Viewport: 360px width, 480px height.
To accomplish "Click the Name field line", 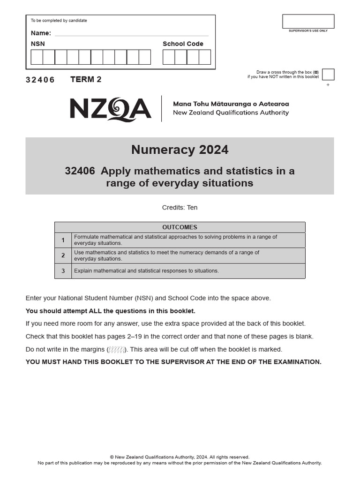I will [132, 34].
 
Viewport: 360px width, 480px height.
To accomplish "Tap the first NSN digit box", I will [37, 57].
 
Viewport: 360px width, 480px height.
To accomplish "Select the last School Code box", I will [204, 57].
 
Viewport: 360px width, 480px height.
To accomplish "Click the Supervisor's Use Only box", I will [308, 22].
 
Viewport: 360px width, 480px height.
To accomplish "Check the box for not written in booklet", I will [328, 75].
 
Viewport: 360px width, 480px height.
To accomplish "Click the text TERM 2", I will [86, 79].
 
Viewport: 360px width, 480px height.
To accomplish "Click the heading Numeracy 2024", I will [180, 150].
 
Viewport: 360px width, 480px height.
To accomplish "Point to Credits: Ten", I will [180, 207].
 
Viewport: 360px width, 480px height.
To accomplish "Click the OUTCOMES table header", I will [180, 227].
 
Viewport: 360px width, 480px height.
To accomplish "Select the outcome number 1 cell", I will [63, 240].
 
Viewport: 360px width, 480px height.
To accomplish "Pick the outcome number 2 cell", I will [63, 255].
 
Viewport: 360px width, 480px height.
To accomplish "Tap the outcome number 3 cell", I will [63, 271].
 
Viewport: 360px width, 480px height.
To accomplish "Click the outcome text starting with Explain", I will [146, 271].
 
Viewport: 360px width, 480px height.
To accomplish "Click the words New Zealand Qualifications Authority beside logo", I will [231, 112].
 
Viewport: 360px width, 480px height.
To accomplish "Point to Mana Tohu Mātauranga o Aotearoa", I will [231, 104].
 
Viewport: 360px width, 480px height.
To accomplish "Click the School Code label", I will [183, 44].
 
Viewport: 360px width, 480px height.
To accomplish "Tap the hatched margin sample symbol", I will [117, 350].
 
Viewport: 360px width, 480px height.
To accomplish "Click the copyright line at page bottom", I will [180, 457].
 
